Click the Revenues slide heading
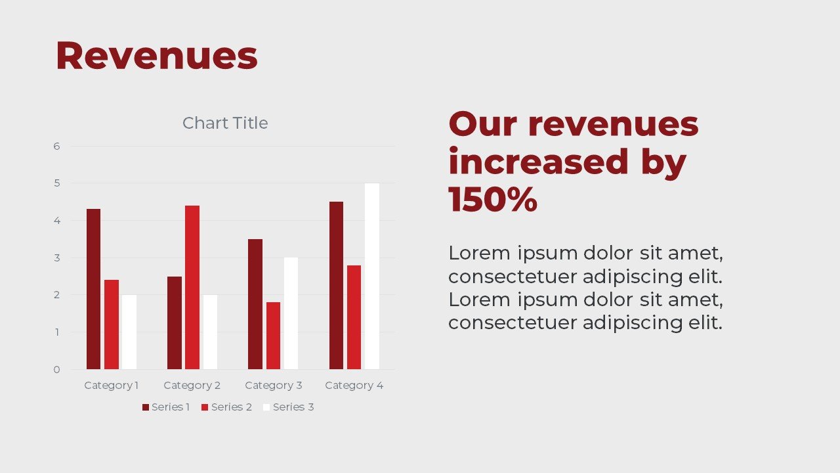coord(157,56)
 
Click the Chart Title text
coord(225,123)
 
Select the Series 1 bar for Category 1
coord(93,289)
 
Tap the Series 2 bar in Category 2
coord(192,287)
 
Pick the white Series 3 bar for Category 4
coord(372,277)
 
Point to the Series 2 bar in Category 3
coord(273,336)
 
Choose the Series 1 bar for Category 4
coord(337,285)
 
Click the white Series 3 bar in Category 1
coord(129,332)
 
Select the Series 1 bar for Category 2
coord(175,323)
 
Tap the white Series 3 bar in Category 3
coord(291,313)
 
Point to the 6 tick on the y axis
coord(56,146)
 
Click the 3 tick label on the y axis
coord(56,258)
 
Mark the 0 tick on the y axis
coord(56,370)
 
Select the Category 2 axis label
coord(192,385)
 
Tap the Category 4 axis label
coord(354,385)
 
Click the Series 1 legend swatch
coord(146,407)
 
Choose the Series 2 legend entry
coord(226,407)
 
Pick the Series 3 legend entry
coord(288,407)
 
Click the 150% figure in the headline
coord(493,199)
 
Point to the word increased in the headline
coord(538,162)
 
